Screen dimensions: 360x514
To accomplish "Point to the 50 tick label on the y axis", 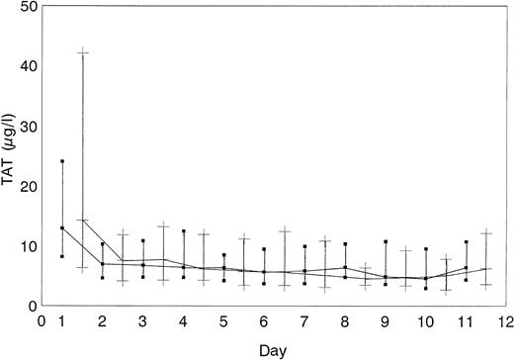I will coord(32,7).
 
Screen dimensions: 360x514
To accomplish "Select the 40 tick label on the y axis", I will coord(32,66).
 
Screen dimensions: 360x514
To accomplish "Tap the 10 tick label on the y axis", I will coord(32,246).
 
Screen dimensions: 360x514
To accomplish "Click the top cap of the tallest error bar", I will coord(83,51).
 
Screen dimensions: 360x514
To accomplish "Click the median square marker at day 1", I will coord(62,227).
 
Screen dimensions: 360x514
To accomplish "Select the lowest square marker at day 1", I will coord(62,256).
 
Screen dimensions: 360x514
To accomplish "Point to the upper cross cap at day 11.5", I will coord(485,232).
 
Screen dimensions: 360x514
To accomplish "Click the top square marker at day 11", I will coord(466,242).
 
